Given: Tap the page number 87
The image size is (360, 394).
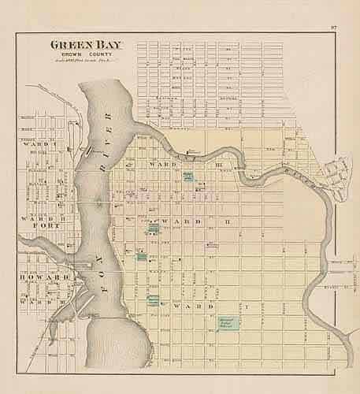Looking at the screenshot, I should coord(334,29).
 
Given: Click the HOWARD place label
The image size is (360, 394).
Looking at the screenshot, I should coord(37,278).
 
